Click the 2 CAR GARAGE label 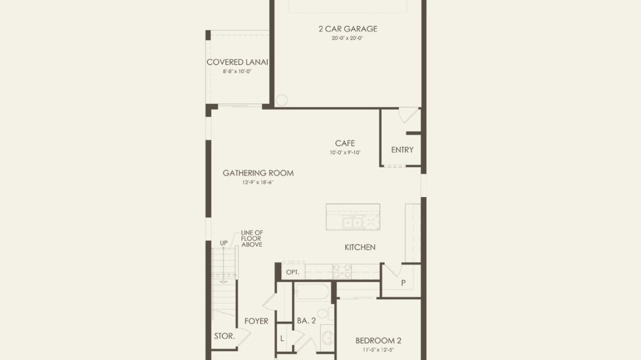pos(348,29)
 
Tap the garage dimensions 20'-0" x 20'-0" pos(348,39)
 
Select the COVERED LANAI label pos(237,62)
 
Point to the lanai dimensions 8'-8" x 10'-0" pos(237,71)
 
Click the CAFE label pos(345,143)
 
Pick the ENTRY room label pos(403,150)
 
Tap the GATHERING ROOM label pos(258,173)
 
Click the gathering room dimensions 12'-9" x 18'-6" pos(258,183)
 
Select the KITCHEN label pos(360,247)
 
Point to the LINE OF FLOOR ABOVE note pos(252,239)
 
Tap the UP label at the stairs pos(223,243)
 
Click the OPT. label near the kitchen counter pos(293,272)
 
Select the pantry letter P pos(403,283)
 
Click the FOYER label pos(256,321)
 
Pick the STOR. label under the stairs pos(225,336)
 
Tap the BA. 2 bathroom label pos(306,321)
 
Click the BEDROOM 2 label pos(378,340)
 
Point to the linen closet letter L pos(282,338)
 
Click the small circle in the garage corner pos(282,100)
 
